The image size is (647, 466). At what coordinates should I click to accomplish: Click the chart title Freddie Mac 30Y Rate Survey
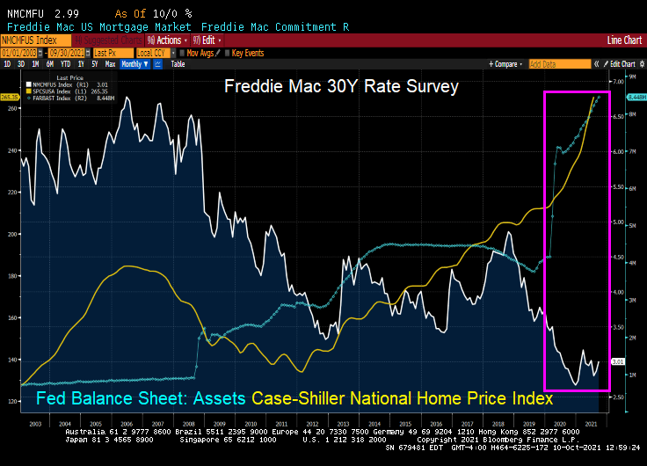click(x=341, y=87)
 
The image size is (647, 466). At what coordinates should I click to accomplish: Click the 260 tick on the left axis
click(x=12, y=108)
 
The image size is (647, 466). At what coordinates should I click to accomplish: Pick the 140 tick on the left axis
click(x=12, y=360)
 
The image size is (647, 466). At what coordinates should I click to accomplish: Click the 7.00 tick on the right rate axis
click(x=618, y=82)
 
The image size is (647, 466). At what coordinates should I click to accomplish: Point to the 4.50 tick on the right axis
click(x=618, y=257)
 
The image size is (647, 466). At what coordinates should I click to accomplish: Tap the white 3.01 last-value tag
click(x=618, y=360)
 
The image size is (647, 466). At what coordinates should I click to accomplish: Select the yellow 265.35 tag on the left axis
click(x=10, y=97)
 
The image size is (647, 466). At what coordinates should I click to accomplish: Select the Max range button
click(x=110, y=64)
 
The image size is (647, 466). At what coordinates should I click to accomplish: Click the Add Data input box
click(x=559, y=64)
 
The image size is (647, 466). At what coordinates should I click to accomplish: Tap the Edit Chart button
click(x=622, y=64)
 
